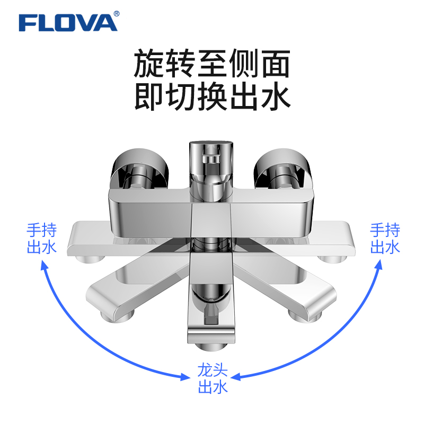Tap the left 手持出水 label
(x=41, y=238)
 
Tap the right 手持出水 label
(x=385, y=238)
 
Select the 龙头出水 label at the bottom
(x=213, y=378)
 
